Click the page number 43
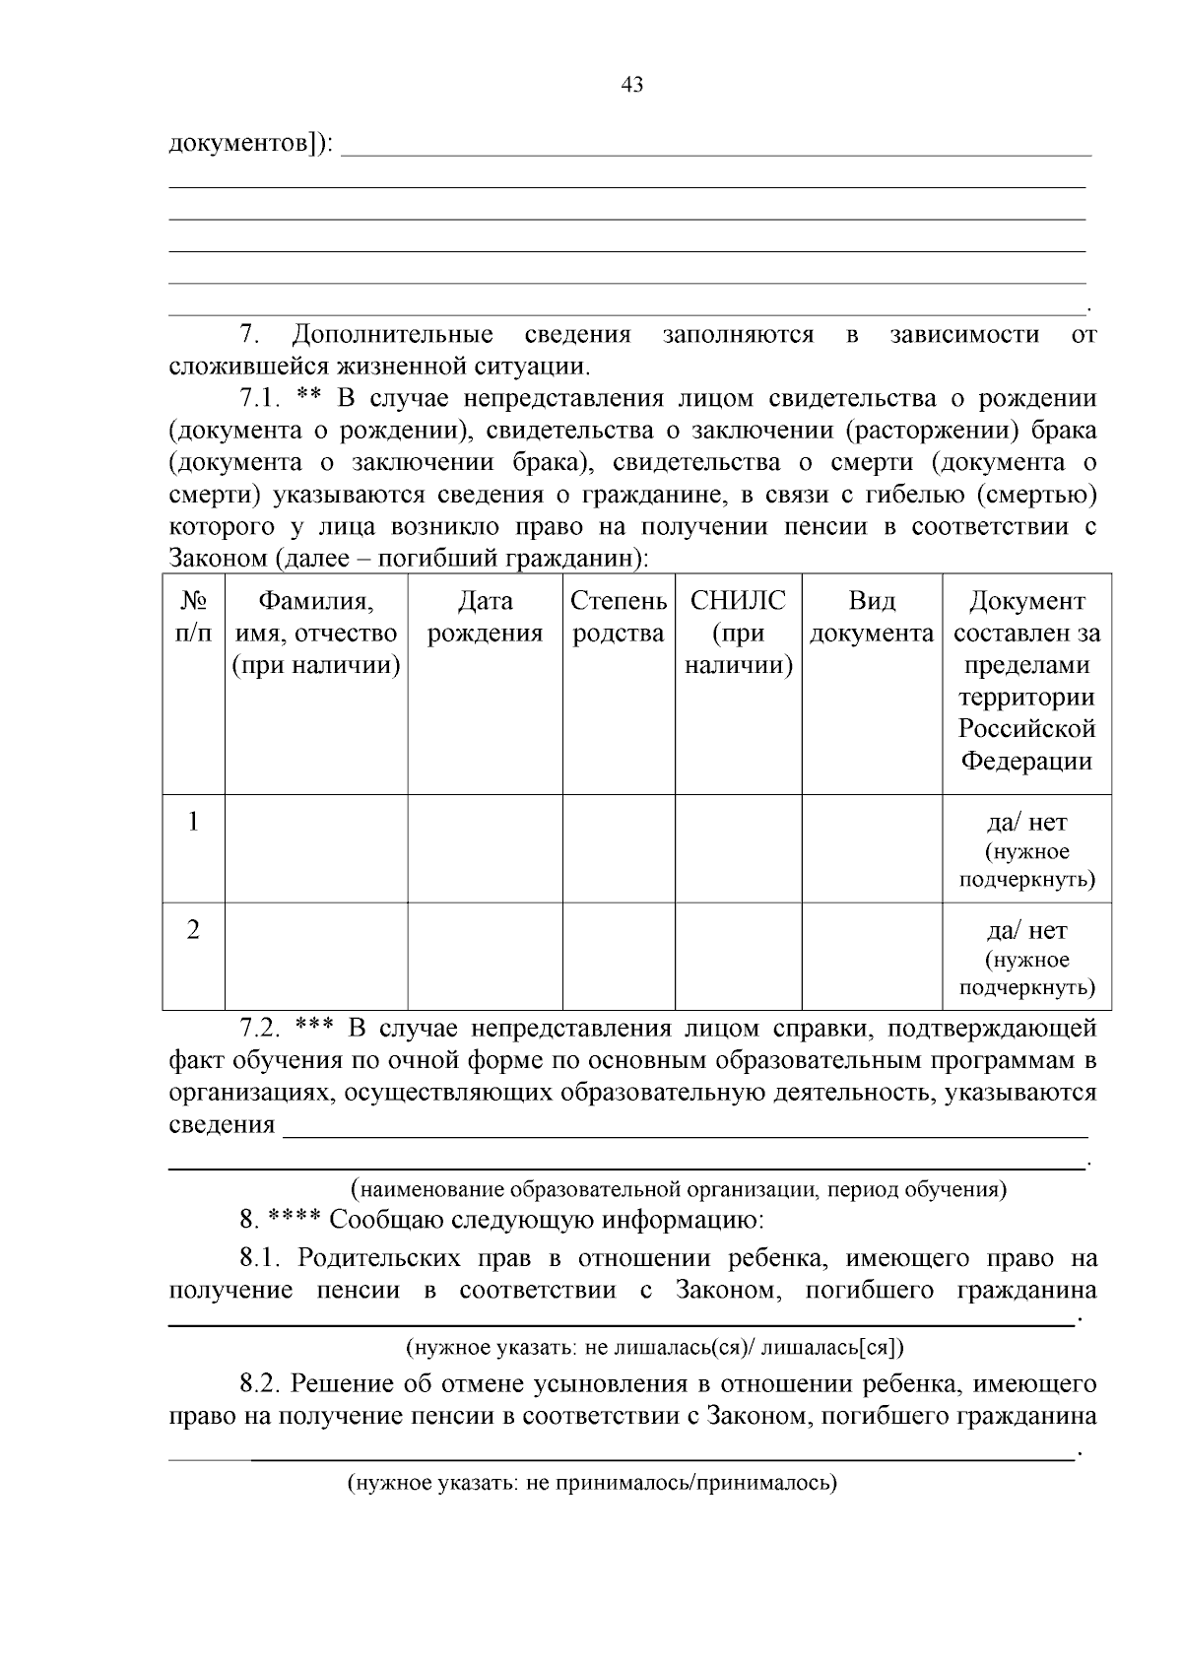632,85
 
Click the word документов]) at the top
251,144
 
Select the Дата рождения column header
485,617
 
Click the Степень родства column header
619,617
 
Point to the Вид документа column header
872,617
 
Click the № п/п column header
193,617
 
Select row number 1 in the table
193,822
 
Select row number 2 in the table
193,930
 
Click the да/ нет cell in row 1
1026,823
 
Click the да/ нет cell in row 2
1026,931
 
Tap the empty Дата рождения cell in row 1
485,848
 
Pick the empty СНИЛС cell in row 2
738,957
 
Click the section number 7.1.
261,399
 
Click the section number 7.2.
261,1030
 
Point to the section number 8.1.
261,1259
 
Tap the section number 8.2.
261,1384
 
